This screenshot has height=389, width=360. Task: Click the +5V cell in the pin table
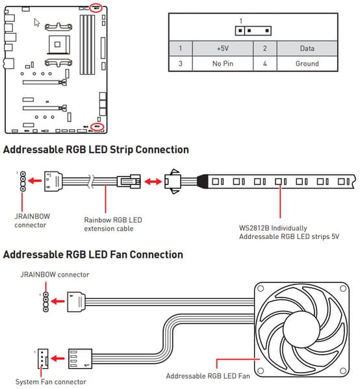223,48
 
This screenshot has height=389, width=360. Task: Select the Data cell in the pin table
307,48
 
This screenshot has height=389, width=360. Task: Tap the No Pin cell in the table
223,64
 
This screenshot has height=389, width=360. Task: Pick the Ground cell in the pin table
307,64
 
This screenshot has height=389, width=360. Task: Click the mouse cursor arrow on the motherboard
36,22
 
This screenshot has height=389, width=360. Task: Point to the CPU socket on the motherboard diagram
58,45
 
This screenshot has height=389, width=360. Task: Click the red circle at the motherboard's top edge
96,8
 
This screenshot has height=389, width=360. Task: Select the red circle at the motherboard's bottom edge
97,127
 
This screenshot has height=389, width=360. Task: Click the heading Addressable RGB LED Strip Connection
96,150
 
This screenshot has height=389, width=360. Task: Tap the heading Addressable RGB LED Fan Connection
93,255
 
